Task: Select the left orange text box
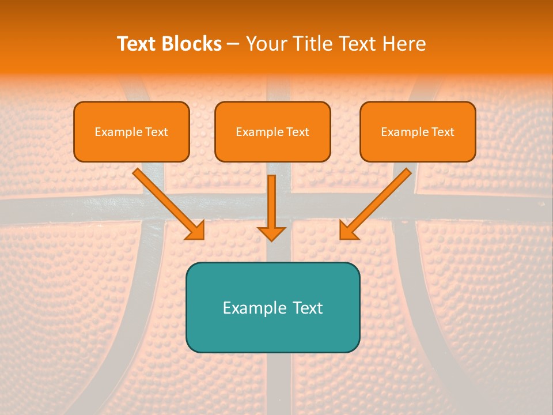[x=131, y=131]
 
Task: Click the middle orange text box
[x=272, y=131]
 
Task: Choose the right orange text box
[x=418, y=131]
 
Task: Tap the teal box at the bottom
[x=272, y=307]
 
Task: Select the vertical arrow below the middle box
[x=271, y=205]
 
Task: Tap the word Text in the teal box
[x=307, y=308]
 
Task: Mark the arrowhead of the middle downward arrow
[x=271, y=233]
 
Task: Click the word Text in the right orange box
[x=443, y=132]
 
